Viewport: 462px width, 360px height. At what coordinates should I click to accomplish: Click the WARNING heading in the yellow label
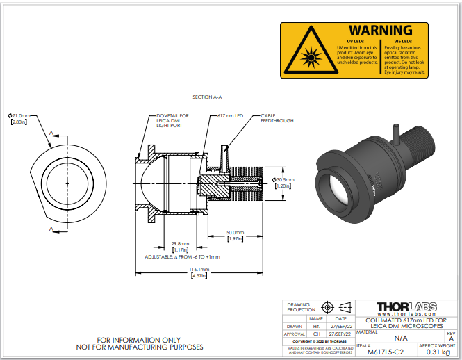pos(380,31)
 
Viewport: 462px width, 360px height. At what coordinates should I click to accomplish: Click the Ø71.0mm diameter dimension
pos(19,115)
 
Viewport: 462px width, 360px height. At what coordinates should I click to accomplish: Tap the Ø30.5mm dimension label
pos(283,179)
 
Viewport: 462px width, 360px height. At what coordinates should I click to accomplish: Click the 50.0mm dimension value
pos(235,232)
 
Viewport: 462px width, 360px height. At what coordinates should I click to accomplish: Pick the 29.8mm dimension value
pos(180,243)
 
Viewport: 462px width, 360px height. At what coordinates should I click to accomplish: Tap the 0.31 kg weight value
pos(440,352)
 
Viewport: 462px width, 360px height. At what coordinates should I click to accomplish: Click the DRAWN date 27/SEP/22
pos(341,326)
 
